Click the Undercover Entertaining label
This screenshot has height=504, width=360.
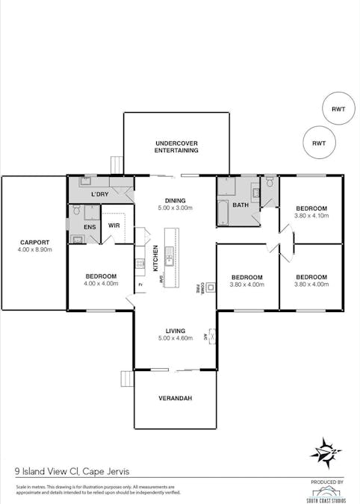pos(176,146)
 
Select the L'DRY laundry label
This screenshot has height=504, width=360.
pos(101,194)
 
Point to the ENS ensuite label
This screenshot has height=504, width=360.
pos(90,226)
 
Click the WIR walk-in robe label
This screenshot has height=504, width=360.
pos(114,225)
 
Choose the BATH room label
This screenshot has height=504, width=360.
pos(240,205)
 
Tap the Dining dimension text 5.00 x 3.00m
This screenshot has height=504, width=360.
pos(175,208)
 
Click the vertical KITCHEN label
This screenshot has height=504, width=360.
pos(156,258)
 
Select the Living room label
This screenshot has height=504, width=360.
pos(176,331)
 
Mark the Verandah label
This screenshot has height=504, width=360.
pos(176,398)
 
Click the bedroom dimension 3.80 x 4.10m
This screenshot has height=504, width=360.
pos(311,216)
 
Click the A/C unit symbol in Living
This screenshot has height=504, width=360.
pos(212,335)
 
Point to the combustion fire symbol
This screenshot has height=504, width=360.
pos(211,287)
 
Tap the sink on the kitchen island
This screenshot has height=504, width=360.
pos(170,260)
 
